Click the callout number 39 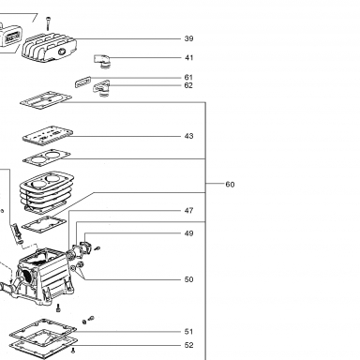(x=188, y=38)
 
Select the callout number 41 (x=188, y=58)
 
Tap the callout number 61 (x=188, y=78)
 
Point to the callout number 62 (x=188, y=85)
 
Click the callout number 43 (x=188, y=136)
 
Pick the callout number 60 (x=230, y=185)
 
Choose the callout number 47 (x=188, y=211)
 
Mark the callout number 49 (x=188, y=233)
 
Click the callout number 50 (x=188, y=279)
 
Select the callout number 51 (x=188, y=332)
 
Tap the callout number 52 (x=188, y=345)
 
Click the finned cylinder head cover (x=49, y=48)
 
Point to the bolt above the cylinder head (x=48, y=23)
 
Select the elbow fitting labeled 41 (x=102, y=61)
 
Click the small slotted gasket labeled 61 (x=82, y=82)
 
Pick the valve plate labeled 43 (x=48, y=135)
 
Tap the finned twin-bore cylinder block (x=47, y=191)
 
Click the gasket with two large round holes (x=47, y=157)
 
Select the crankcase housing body (x=44, y=274)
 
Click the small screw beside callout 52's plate (x=73, y=350)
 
